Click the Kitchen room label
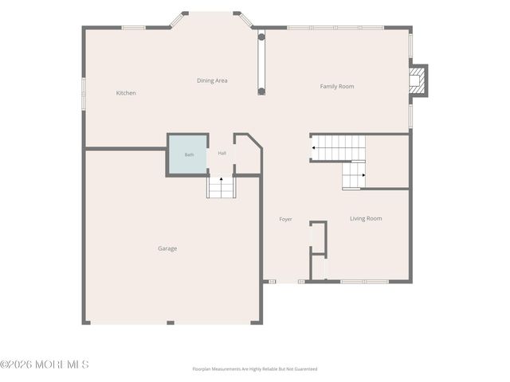click(x=126, y=93)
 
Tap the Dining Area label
click(x=212, y=80)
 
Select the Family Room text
click(x=337, y=87)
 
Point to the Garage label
click(x=167, y=248)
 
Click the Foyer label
click(x=285, y=220)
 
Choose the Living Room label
click(x=366, y=219)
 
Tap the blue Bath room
click(x=188, y=154)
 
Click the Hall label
click(x=222, y=153)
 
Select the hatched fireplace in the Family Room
click(x=417, y=80)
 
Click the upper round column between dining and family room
click(x=261, y=37)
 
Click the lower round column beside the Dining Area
click(x=261, y=92)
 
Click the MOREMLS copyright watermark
click(x=45, y=364)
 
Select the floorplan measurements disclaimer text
click(x=255, y=369)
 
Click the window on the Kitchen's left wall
click(x=84, y=92)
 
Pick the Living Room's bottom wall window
click(x=365, y=282)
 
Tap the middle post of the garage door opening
click(x=171, y=322)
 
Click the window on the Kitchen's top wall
click(x=134, y=28)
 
